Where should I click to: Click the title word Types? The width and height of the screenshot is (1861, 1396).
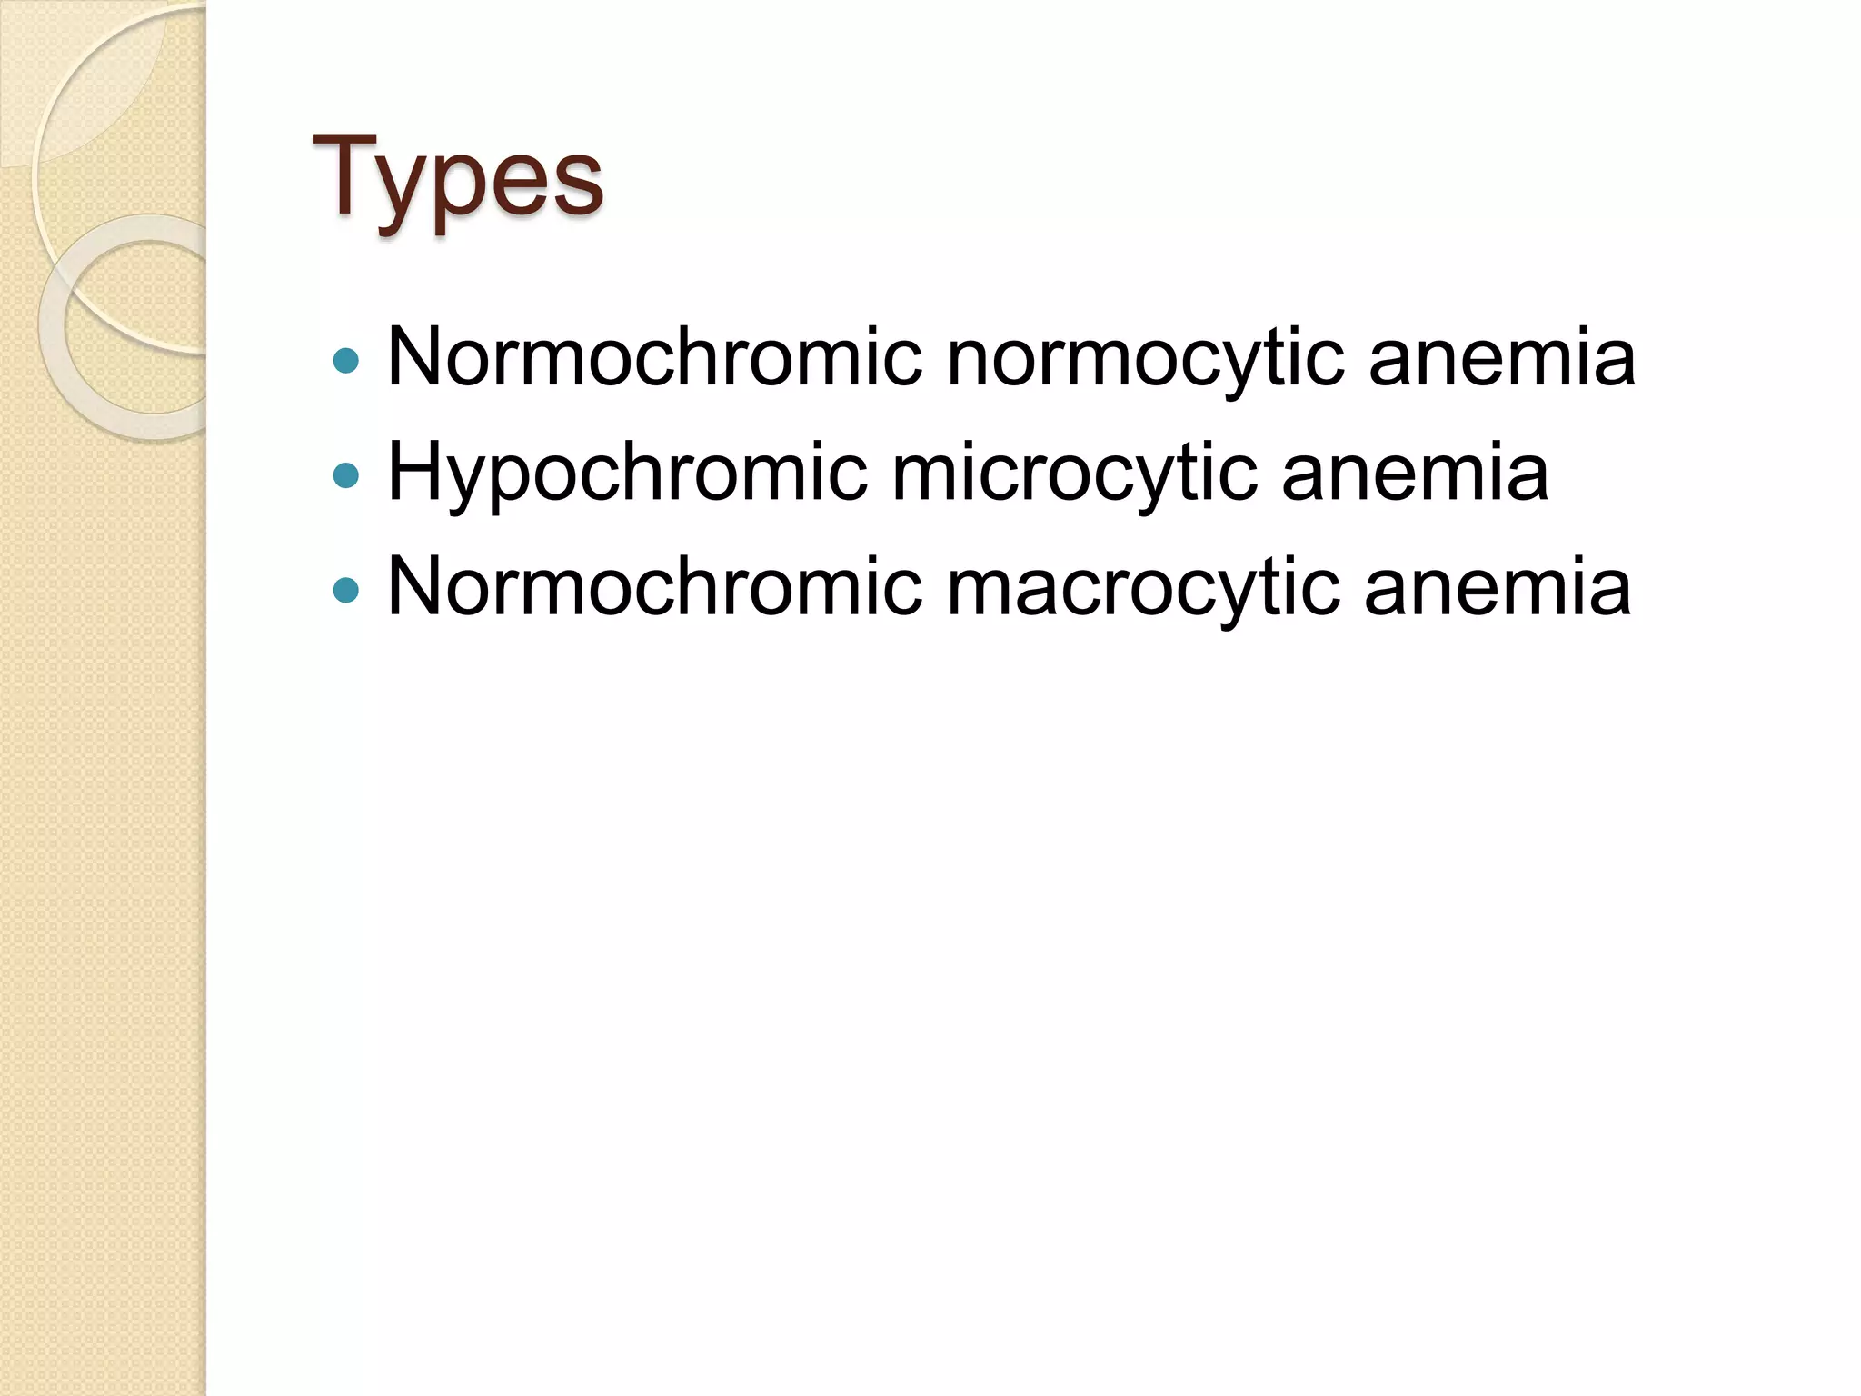[457, 178]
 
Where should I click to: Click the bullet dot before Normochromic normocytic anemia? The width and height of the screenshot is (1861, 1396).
[346, 361]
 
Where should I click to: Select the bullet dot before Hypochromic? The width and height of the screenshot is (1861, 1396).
[346, 474]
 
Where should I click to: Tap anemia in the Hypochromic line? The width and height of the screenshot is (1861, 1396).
[1415, 473]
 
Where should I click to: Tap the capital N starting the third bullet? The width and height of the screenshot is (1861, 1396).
[415, 586]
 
